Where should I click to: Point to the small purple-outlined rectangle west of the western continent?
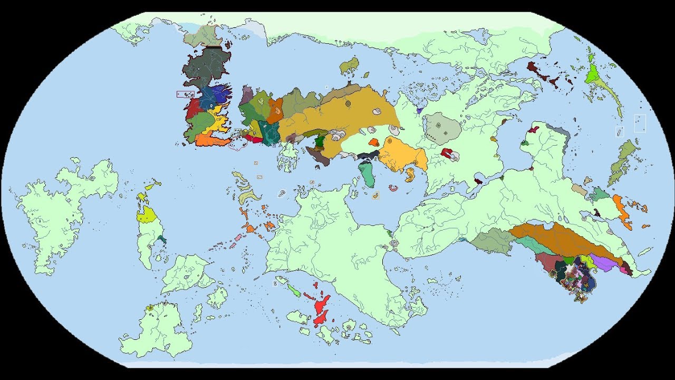pyautogui.click(x=185, y=94)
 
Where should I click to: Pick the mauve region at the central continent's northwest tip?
pyautogui.click(x=246, y=96)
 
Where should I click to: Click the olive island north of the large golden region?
pyautogui.click(x=349, y=66)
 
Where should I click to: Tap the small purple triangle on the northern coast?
pyautogui.click(x=419, y=111)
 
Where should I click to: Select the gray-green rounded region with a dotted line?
pyautogui.click(x=442, y=127)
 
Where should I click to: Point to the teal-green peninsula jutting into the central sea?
pyautogui.click(x=367, y=174)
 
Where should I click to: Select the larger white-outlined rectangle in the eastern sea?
pyautogui.click(x=640, y=123)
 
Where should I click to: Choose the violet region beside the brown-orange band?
pyautogui.click(x=601, y=261)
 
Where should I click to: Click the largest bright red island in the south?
pyautogui.click(x=322, y=309)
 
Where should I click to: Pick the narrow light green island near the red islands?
pyautogui.click(x=294, y=290)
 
